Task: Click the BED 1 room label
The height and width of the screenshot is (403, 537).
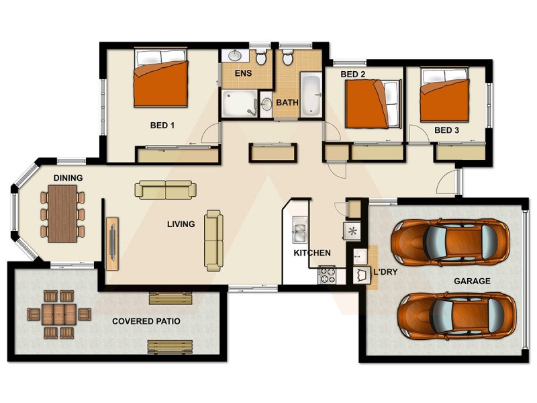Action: tap(162, 125)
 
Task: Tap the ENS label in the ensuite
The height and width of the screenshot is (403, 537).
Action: tap(242, 73)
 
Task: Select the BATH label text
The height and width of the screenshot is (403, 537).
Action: tap(287, 103)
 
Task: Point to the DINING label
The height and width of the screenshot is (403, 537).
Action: tap(68, 178)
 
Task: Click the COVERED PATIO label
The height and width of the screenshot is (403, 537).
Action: tap(146, 322)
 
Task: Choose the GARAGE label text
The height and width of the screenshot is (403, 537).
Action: tap(472, 281)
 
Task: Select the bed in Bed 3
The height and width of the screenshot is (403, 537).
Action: tap(444, 100)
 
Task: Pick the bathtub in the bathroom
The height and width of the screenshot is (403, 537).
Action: tap(311, 95)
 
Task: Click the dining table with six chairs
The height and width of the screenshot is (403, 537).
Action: tap(63, 213)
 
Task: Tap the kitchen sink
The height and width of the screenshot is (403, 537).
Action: tap(299, 232)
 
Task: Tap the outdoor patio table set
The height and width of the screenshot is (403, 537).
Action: tap(58, 314)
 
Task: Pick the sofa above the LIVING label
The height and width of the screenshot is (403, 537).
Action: tap(165, 190)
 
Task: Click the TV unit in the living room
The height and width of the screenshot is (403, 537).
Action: tap(111, 238)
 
